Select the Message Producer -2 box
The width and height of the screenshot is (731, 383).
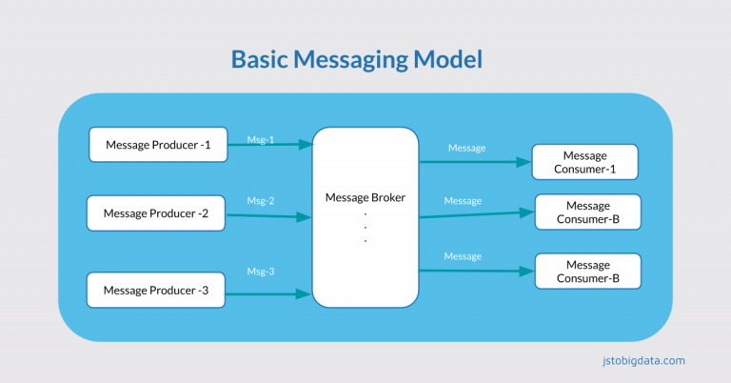coord(155,212)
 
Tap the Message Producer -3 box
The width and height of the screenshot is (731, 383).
coord(155,290)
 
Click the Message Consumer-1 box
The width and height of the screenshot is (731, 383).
coord(584,162)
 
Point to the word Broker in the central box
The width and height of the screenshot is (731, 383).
coord(385,197)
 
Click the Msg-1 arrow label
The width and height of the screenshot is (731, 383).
coord(260,139)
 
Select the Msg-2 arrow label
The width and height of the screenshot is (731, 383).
coord(260,201)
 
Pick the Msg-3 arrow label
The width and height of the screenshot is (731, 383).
coord(260,272)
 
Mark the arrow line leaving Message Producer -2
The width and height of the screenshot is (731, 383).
coord(267,216)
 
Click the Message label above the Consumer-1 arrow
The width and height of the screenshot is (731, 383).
coord(466,148)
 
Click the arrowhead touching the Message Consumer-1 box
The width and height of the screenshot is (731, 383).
coord(524,162)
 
